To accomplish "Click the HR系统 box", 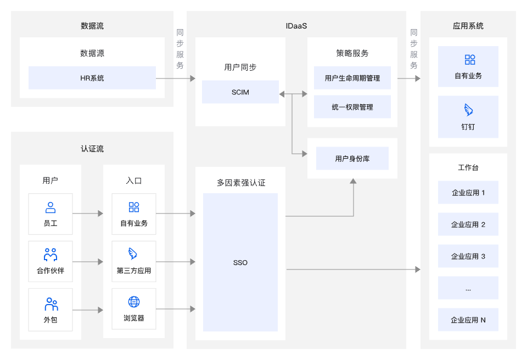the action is pyautogui.click(x=92, y=78).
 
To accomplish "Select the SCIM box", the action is pyautogui.click(x=240, y=92).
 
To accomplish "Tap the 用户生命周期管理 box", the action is pyautogui.click(x=352, y=78).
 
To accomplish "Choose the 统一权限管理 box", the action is pyautogui.click(x=352, y=107).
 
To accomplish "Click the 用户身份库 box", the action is pyautogui.click(x=352, y=158).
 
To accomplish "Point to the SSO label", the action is pyautogui.click(x=240, y=262).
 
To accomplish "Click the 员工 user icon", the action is pyautogui.click(x=51, y=207).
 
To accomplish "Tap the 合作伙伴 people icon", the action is pyautogui.click(x=51, y=255).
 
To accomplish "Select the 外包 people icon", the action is pyautogui.click(x=51, y=304).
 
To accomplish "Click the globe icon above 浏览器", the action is pyautogui.click(x=134, y=302).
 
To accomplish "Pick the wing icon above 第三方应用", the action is pyautogui.click(x=133, y=254).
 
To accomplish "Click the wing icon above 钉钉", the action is pyautogui.click(x=468, y=110).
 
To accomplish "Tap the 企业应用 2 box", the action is pyautogui.click(x=468, y=224).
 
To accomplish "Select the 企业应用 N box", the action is pyautogui.click(x=468, y=319).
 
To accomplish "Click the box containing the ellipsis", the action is pyautogui.click(x=468, y=288).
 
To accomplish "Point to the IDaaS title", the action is pyautogui.click(x=296, y=26).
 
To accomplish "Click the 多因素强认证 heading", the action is pyautogui.click(x=241, y=183).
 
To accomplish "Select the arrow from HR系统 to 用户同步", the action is pyautogui.click(x=176, y=78).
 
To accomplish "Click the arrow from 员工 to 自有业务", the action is pyautogui.click(x=88, y=213).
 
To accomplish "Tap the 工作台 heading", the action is pyautogui.click(x=468, y=167).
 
